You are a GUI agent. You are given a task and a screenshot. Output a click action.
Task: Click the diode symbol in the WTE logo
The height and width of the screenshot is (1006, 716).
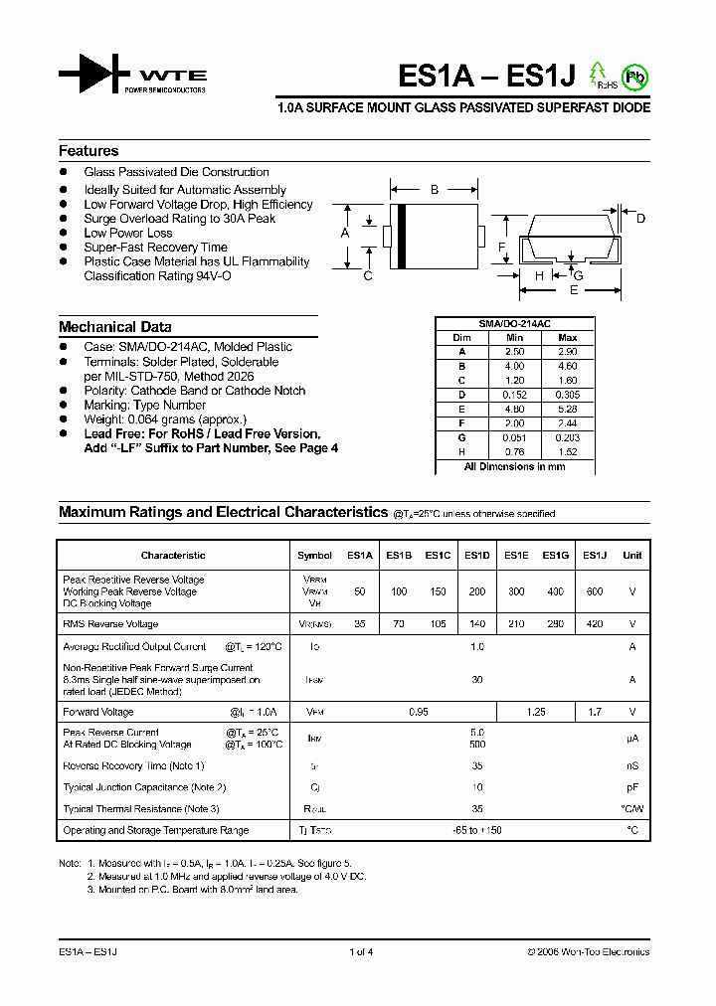click(93, 75)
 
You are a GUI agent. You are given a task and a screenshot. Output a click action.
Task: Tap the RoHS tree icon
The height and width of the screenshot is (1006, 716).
click(599, 75)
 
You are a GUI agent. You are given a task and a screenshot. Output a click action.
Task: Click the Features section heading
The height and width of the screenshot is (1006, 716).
click(89, 151)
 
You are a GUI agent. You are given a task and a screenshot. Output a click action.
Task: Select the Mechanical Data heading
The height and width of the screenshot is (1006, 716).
click(114, 327)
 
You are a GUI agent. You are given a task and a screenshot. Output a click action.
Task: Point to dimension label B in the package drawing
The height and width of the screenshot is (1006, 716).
click(435, 189)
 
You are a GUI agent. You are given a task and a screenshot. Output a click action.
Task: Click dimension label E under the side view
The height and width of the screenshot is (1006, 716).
click(574, 290)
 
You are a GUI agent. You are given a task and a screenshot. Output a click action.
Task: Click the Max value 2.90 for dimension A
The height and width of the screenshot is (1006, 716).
click(568, 352)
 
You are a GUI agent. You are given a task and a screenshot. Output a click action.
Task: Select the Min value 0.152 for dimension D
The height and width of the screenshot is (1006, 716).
click(514, 395)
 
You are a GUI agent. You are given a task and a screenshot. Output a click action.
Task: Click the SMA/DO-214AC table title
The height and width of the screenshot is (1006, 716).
click(514, 324)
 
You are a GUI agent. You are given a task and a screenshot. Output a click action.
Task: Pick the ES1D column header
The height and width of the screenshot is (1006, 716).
click(476, 556)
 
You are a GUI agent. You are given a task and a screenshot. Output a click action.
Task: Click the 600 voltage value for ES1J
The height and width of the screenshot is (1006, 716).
click(594, 591)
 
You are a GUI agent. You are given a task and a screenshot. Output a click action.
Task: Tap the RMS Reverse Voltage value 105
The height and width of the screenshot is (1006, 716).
click(438, 624)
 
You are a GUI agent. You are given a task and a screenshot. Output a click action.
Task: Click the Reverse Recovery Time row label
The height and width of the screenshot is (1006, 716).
click(133, 765)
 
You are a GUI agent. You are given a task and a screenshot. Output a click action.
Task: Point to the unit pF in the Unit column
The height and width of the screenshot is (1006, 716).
click(631, 787)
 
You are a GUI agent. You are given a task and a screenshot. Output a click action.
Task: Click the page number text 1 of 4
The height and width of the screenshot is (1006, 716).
click(362, 952)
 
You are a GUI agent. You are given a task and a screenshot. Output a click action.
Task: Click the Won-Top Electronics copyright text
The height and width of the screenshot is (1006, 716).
click(588, 952)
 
